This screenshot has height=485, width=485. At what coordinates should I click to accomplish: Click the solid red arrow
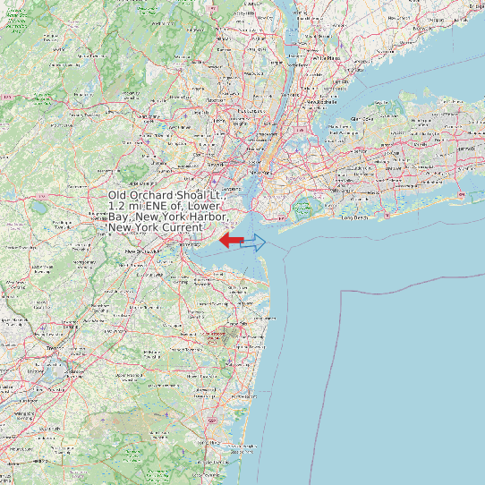pyautogui.click(x=231, y=240)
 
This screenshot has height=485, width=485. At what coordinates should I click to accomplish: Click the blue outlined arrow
pyautogui.click(x=254, y=242)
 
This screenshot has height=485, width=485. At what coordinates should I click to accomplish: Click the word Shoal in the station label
pyautogui.click(x=197, y=195)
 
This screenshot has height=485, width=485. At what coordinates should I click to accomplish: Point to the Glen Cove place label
pyautogui.click(x=364, y=117)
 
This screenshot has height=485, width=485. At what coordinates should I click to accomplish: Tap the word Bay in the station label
pyautogui.click(x=119, y=217)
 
